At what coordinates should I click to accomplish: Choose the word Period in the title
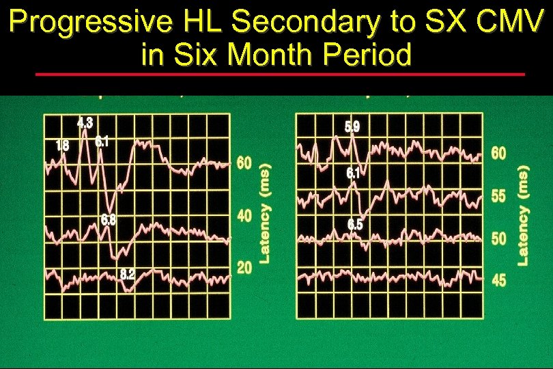click(x=371, y=54)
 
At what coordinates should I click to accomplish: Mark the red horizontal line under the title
click(x=280, y=74)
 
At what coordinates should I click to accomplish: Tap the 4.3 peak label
click(x=85, y=124)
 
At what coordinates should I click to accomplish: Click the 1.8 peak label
click(x=61, y=145)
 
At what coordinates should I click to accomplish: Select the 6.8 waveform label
click(x=108, y=220)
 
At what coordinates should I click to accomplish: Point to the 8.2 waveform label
click(x=127, y=275)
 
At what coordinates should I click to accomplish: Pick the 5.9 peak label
click(x=352, y=126)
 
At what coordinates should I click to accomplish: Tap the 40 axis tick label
click(x=244, y=216)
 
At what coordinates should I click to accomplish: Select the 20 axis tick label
click(x=244, y=268)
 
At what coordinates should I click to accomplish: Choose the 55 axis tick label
click(x=499, y=196)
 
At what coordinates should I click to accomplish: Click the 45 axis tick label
click(x=499, y=280)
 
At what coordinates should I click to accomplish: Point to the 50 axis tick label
click(x=499, y=239)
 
